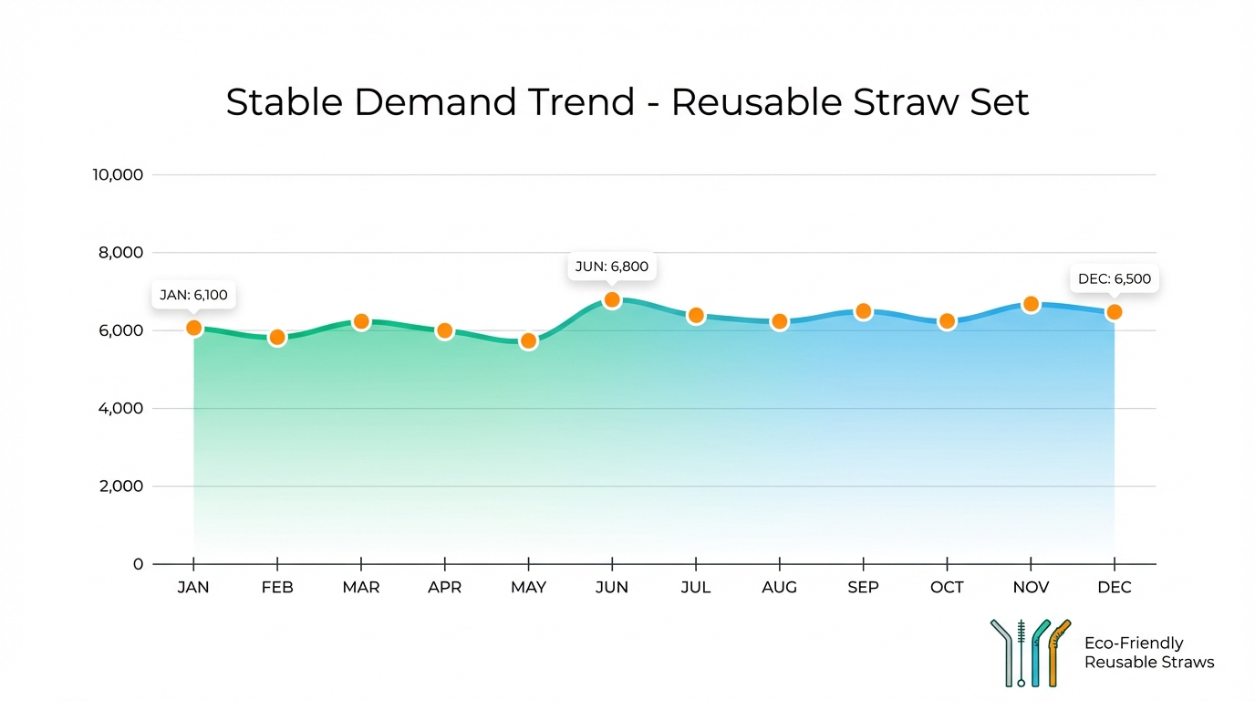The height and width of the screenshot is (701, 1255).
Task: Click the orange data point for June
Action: pyautogui.click(x=612, y=300)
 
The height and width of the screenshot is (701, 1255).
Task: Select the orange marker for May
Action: pyautogui.click(x=528, y=341)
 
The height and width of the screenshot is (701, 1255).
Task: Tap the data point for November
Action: pyautogui.click(x=1031, y=304)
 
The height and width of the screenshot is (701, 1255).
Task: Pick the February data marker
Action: pyautogui.click(x=277, y=338)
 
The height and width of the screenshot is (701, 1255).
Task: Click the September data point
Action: pyautogui.click(x=863, y=311)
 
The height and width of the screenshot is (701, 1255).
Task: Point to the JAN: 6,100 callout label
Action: pyautogui.click(x=193, y=295)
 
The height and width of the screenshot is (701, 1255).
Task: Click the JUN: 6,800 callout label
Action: pyautogui.click(x=611, y=267)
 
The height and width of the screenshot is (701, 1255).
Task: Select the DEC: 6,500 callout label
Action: pyautogui.click(x=1114, y=279)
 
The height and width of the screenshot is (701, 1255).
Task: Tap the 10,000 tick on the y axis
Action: pyautogui.click(x=118, y=174)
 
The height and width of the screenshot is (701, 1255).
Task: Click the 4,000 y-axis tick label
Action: pyautogui.click(x=119, y=408)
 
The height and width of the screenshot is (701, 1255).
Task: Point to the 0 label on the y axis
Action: pyautogui.click(x=138, y=564)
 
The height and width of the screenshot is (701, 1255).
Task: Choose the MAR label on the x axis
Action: pyautogui.click(x=360, y=588)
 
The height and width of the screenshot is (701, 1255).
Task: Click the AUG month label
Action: pyautogui.click(x=779, y=588)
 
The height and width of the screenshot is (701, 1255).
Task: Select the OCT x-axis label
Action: pyautogui.click(x=947, y=588)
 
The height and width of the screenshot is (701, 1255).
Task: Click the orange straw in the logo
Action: pyautogui.click(x=1057, y=652)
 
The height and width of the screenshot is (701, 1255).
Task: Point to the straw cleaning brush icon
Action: pyautogui.click(x=1022, y=653)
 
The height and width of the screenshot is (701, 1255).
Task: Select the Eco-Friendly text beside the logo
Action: pyautogui.click(x=1133, y=643)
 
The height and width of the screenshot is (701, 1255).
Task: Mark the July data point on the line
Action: pyautogui.click(x=696, y=316)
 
